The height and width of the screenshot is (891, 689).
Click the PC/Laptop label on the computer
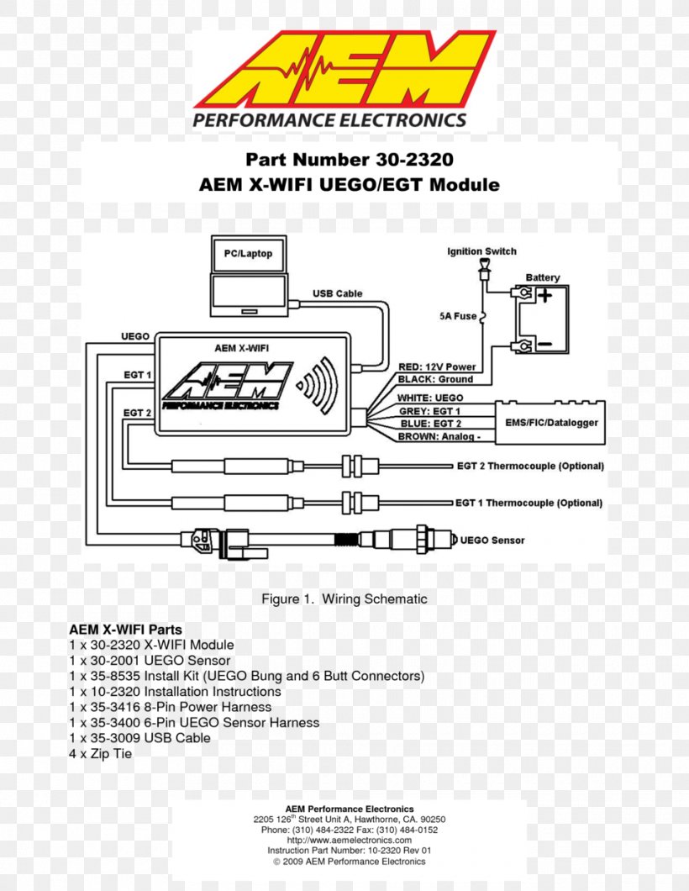248,254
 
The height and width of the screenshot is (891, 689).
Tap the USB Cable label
338,293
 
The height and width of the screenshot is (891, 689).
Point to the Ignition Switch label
481,251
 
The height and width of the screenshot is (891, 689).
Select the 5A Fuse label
457,317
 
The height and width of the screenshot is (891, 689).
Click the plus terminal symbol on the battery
545,296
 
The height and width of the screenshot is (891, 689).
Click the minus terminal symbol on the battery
544,344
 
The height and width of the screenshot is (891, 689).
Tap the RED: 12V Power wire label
437,366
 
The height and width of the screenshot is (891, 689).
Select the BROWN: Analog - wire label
439,437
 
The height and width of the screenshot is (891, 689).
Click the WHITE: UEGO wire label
430,398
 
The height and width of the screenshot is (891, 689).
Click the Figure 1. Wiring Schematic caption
344,599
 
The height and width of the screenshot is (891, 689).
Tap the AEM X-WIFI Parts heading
125,629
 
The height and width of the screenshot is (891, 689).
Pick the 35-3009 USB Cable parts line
139,738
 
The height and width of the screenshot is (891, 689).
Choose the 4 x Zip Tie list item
100,754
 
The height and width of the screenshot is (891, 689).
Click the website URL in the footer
349,840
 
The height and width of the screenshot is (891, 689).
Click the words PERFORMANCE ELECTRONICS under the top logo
329,120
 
